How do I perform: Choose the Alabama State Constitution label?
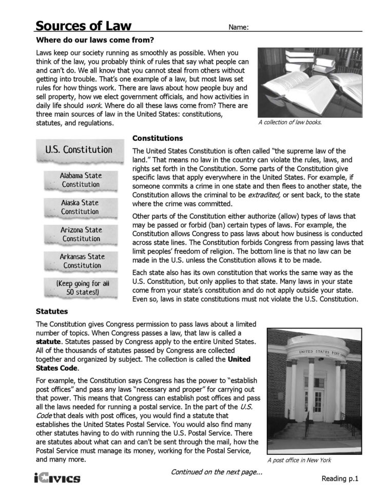point(81,180)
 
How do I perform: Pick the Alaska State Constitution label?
point(81,207)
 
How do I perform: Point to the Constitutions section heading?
point(158,138)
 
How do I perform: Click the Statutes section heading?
point(53,311)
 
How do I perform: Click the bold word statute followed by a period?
point(49,341)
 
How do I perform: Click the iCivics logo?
point(57,478)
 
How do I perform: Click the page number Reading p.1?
point(339,478)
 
